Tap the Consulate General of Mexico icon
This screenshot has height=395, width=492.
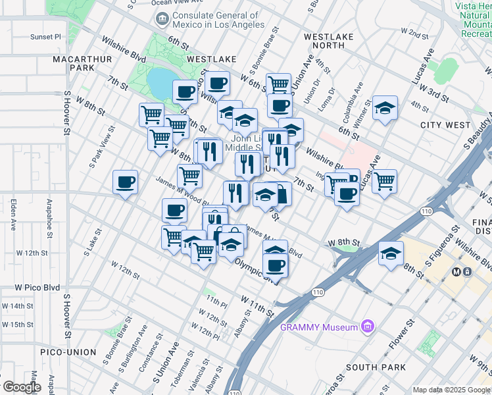click(161, 20)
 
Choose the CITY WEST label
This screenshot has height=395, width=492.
click(445, 125)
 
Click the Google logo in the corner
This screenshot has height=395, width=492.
click(22, 387)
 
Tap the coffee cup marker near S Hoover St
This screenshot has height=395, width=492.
click(125, 182)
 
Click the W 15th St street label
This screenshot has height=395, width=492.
click(18, 325)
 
